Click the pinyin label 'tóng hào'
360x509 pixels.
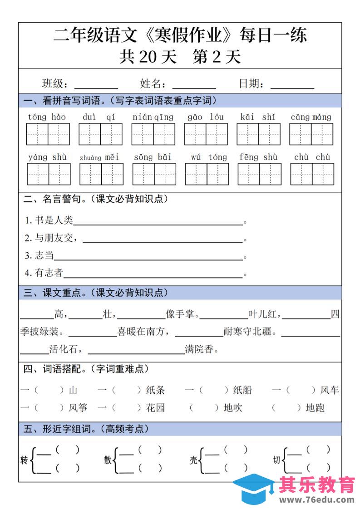[47, 117]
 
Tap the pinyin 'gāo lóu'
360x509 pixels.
[206, 117]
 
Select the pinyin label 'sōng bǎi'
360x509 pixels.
[153, 157]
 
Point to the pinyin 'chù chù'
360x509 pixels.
[312, 157]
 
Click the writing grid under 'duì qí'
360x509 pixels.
[100, 134]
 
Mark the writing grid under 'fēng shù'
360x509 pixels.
[259, 175]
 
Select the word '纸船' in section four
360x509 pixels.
[242, 390]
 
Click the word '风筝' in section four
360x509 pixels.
[78, 408]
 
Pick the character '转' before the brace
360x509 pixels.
[24, 460]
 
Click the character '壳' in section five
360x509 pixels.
[194, 460]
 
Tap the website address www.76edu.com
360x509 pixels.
[316, 500]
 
